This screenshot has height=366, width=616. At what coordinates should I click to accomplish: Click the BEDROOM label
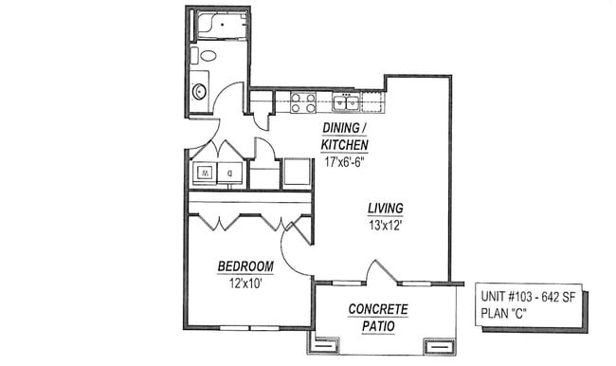pyautogui.click(x=245, y=265)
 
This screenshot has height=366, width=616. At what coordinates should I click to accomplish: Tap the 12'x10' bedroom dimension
pyautogui.click(x=245, y=282)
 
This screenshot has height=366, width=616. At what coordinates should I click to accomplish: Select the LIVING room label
pyautogui.click(x=387, y=209)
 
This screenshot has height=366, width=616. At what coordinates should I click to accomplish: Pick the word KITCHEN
pyautogui.click(x=343, y=144)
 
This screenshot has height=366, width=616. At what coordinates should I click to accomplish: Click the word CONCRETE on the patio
pyautogui.click(x=378, y=309)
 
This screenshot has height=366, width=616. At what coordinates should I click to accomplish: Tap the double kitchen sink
pyautogui.click(x=345, y=100)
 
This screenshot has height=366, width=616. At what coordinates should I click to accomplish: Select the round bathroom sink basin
pyautogui.click(x=200, y=92)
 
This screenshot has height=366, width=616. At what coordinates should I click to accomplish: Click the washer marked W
pyautogui.click(x=205, y=173)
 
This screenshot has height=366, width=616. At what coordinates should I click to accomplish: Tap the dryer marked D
pyautogui.click(x=230, y=173)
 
